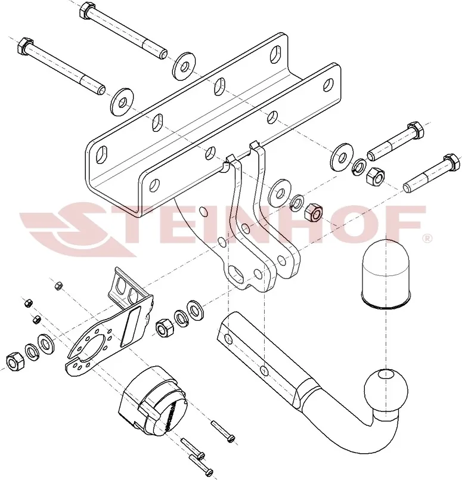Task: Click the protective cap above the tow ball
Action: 386,273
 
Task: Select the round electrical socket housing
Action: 153,401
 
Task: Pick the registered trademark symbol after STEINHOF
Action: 427,238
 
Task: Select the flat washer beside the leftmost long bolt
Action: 122,101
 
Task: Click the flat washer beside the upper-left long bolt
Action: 184,66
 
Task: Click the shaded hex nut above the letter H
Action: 314,212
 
